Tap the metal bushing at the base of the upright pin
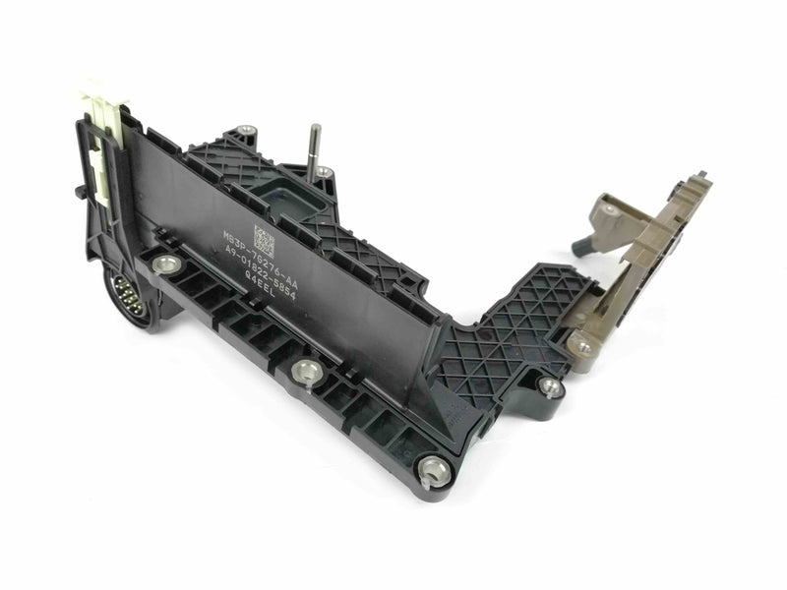click(x=325, y=173)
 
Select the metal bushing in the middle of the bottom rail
click(x=304, y=370)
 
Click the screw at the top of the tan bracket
click(x=612, y=209)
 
